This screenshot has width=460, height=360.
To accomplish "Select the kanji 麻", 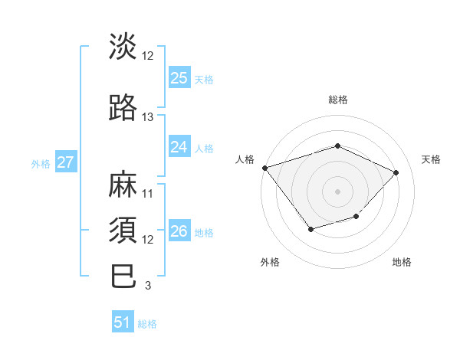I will point(123,186).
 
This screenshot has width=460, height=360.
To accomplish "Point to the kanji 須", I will point(123,231).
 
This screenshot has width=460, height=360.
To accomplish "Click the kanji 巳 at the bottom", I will point(123,277).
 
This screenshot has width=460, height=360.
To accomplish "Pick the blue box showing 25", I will point(179,78).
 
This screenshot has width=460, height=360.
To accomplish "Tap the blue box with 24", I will point(179,147).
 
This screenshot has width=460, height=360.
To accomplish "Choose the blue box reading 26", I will point(179,231).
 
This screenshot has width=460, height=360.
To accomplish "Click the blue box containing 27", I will point(65,162).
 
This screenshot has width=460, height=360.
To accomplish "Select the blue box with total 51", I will point(123,322).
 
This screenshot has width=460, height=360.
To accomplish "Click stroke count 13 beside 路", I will point(148,117).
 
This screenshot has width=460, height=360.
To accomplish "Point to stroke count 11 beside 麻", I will point(148,193).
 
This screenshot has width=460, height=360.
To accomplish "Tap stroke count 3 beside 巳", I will point(147,286).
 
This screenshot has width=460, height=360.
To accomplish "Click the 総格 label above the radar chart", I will point(338,100).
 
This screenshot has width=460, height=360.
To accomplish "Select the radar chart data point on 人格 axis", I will point(264,168).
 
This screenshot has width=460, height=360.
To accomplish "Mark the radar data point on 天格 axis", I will point(396,172).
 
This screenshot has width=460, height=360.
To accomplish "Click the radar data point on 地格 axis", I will point(356,217).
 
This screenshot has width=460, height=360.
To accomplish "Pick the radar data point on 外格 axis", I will point(310,229).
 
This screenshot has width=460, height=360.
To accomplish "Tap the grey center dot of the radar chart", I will point(338,191).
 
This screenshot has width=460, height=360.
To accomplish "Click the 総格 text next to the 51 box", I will point(147,324).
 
